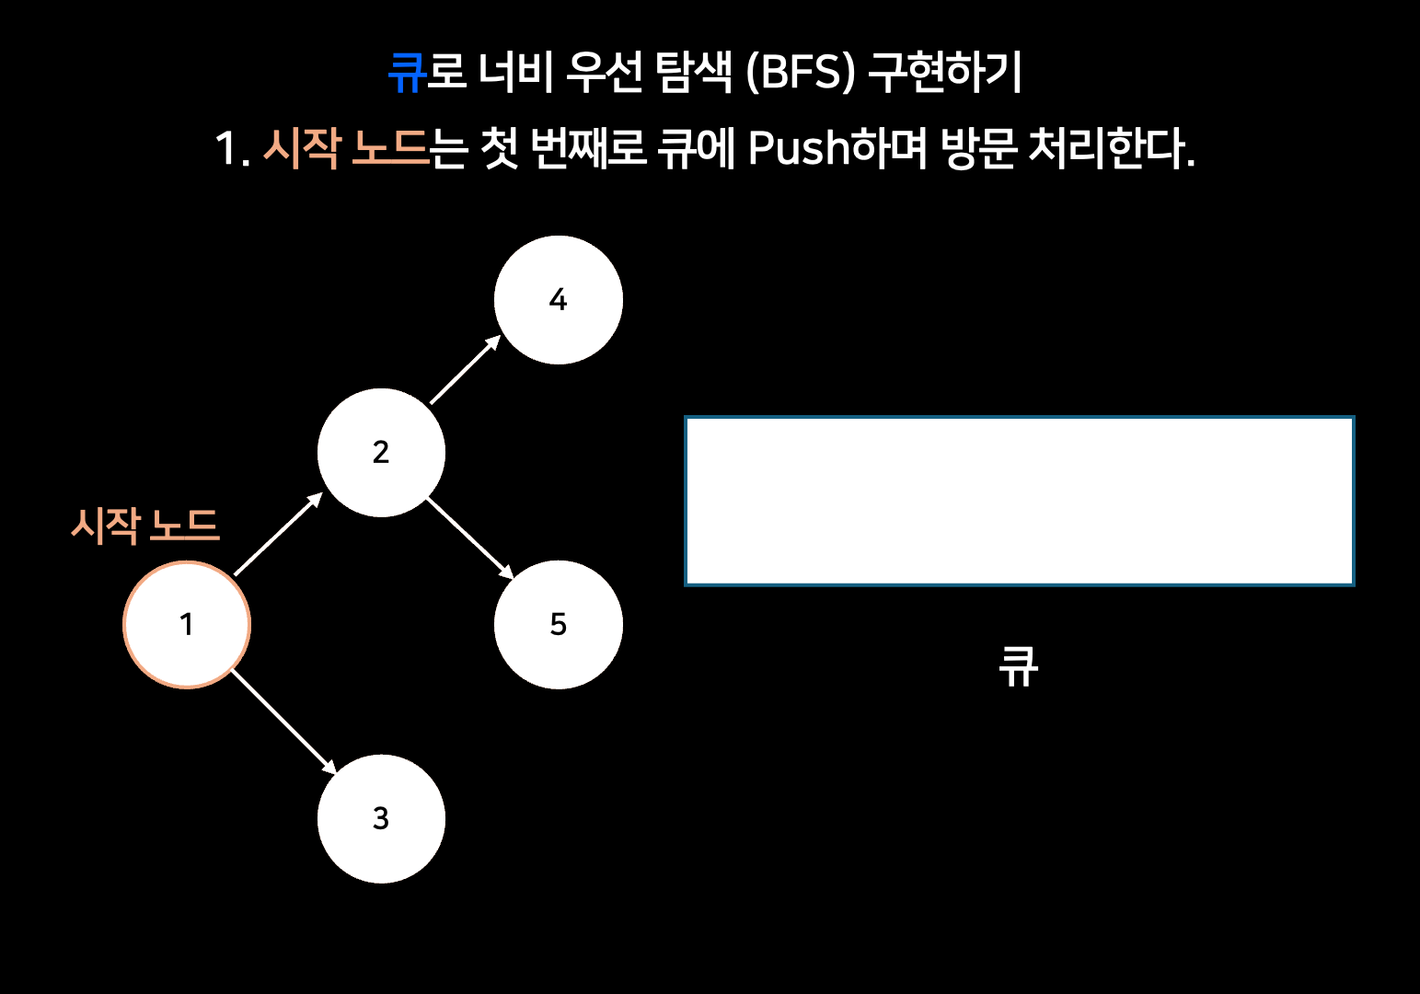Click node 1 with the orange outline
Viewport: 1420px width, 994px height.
[187, 625]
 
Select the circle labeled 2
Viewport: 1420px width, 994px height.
[381, 453]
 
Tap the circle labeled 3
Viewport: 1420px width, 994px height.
[381, 818]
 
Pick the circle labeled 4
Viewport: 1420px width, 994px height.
[558, 300]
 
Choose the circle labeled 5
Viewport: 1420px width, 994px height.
[558, 625]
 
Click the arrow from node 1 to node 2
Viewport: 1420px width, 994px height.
[278, 534]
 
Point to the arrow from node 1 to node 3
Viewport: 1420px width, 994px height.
[283, 722]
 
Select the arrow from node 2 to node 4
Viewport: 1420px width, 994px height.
[465, 370]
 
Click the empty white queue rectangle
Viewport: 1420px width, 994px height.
[1019, 501]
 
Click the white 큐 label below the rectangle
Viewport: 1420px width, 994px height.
[1019, 666]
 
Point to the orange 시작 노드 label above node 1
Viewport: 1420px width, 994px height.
[145, 526]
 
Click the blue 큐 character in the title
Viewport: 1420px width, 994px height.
[407, 72]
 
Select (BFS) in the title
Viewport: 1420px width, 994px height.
[801, 72]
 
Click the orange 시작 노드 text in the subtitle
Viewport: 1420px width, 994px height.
[346, 147]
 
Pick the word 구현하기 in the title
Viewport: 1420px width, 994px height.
[945, 72]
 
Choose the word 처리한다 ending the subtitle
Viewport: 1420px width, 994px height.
[1109, 147]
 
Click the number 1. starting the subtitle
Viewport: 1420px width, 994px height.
[232, 147]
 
